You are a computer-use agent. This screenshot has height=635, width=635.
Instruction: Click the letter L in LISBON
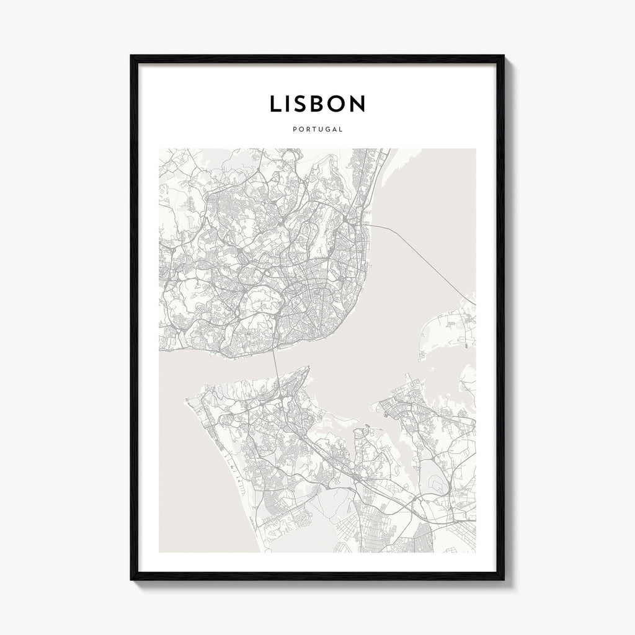tap(275, 104)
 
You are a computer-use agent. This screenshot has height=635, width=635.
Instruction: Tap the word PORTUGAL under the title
tap(317, 130)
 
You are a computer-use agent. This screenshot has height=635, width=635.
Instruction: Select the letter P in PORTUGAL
tap(293, 130)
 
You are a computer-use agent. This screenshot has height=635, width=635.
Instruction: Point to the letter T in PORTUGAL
tap(313, 130)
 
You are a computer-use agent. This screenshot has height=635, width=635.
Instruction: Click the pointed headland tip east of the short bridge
tap(308, 367)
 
